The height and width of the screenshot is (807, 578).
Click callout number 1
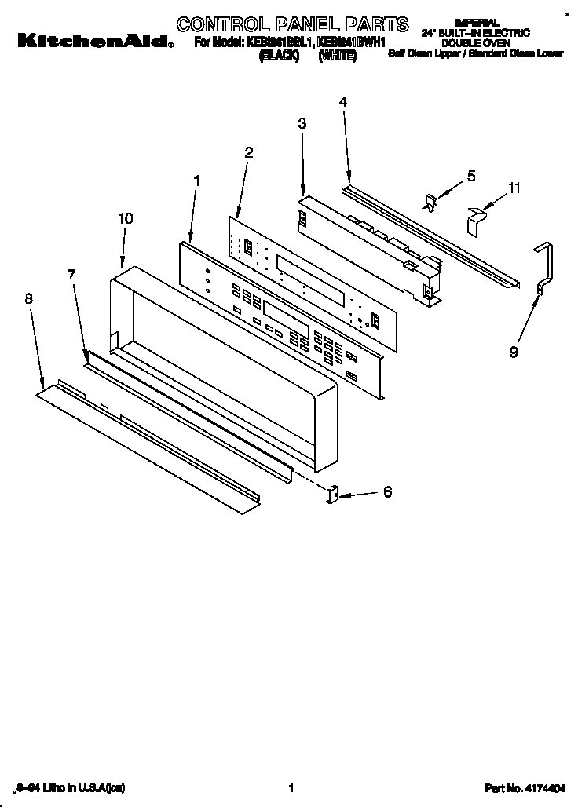click(196, 181)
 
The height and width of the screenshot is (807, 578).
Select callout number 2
click(248, 152)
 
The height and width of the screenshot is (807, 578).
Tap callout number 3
click(302, 123)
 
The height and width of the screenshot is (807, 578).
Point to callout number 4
click(343, 101)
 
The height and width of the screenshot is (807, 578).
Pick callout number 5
click(471, 176)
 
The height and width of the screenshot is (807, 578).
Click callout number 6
click(386, 492)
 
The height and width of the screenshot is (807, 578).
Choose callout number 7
click(71, 274)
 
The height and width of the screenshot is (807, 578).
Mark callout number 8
click(29, 298)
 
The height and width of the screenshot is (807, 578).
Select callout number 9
click(513, 352)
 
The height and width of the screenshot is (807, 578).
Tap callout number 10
click(126, 219)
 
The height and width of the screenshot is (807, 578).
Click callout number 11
click(514, 188)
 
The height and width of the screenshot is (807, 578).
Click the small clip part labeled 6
click(331, 495)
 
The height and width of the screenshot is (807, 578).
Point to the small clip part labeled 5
click(431, 203)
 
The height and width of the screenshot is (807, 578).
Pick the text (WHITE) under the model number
click(337, 57)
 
